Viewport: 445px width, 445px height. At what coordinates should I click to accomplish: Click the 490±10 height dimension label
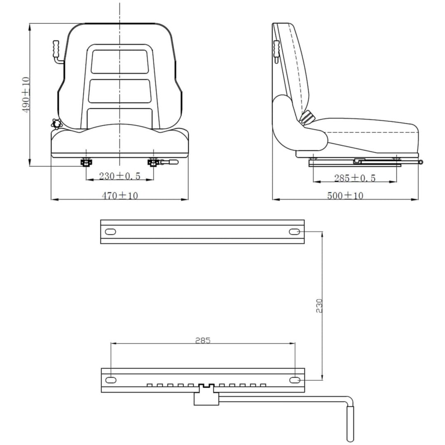(x=26, y=94)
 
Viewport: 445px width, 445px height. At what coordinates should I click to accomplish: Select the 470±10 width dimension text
(x=120, y=196)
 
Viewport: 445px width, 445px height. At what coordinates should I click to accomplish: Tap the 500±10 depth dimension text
(x=345, y=196)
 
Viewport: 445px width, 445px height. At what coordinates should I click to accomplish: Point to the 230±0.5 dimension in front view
(x=120, y=176)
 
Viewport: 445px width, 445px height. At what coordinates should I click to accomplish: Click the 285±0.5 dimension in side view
(x=355, y=178)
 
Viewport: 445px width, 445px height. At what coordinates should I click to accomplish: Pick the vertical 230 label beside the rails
(x=319, y=306)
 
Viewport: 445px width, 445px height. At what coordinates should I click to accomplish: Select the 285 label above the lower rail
(x=203, y=340)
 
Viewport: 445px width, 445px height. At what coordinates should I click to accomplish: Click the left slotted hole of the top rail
(x=110, y=232)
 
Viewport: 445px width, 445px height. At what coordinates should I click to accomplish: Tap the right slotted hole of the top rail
(x=295, y=232)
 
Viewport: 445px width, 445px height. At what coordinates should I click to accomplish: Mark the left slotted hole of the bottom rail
(x=111, y=380)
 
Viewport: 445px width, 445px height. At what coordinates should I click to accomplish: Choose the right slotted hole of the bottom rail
(x=295, y=380)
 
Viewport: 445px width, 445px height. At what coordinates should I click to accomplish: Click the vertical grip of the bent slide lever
(x=350, y=424)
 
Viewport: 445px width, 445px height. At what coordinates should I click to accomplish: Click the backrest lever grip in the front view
(x=56, y=49)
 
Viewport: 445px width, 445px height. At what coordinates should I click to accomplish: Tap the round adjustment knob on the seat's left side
(x=57, y=124)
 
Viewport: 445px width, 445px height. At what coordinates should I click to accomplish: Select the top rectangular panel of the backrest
(x=119, y=61)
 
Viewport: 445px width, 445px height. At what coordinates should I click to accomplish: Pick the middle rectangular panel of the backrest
(x=119, y=91)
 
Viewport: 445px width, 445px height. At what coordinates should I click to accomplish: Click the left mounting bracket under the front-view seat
(x=86, y=162)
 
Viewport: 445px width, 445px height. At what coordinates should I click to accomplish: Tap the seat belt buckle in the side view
(x=307, y=117)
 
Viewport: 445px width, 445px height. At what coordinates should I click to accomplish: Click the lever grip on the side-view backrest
(x=276, y=48)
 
